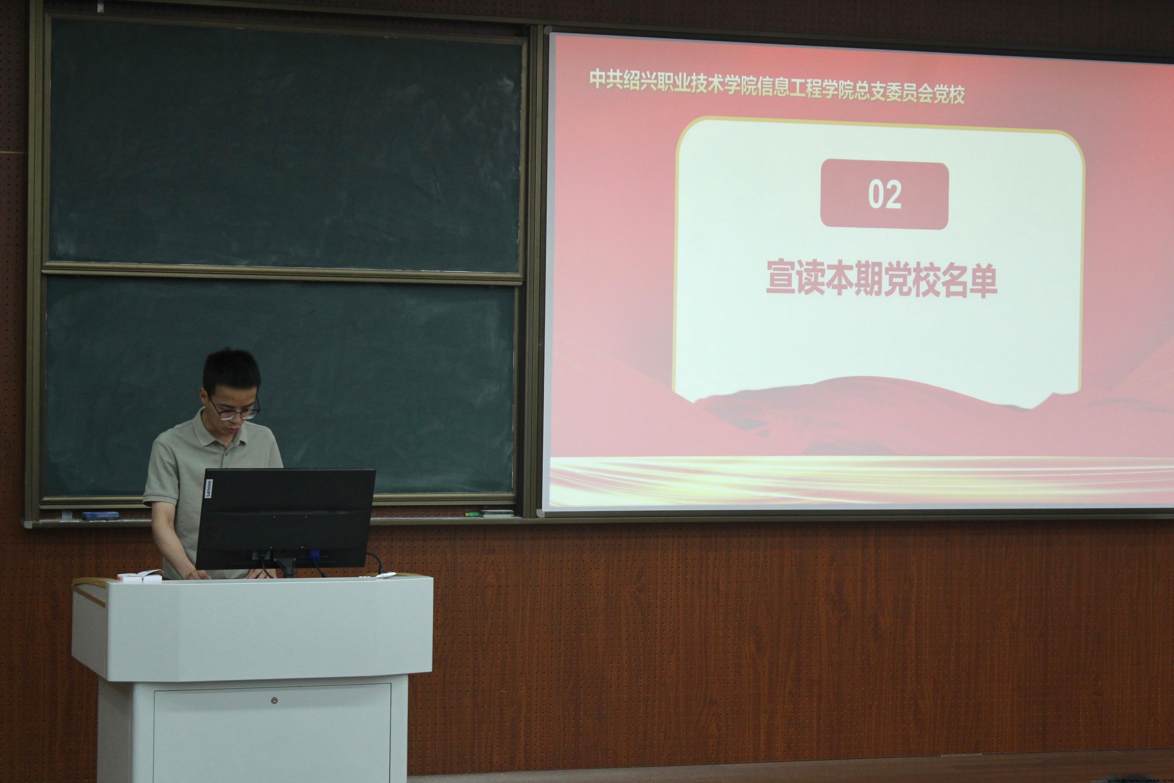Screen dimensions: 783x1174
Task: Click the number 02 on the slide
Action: point(885,195)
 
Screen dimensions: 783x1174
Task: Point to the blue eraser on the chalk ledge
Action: point(100,515)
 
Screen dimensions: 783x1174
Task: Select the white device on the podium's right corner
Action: point(385,575)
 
